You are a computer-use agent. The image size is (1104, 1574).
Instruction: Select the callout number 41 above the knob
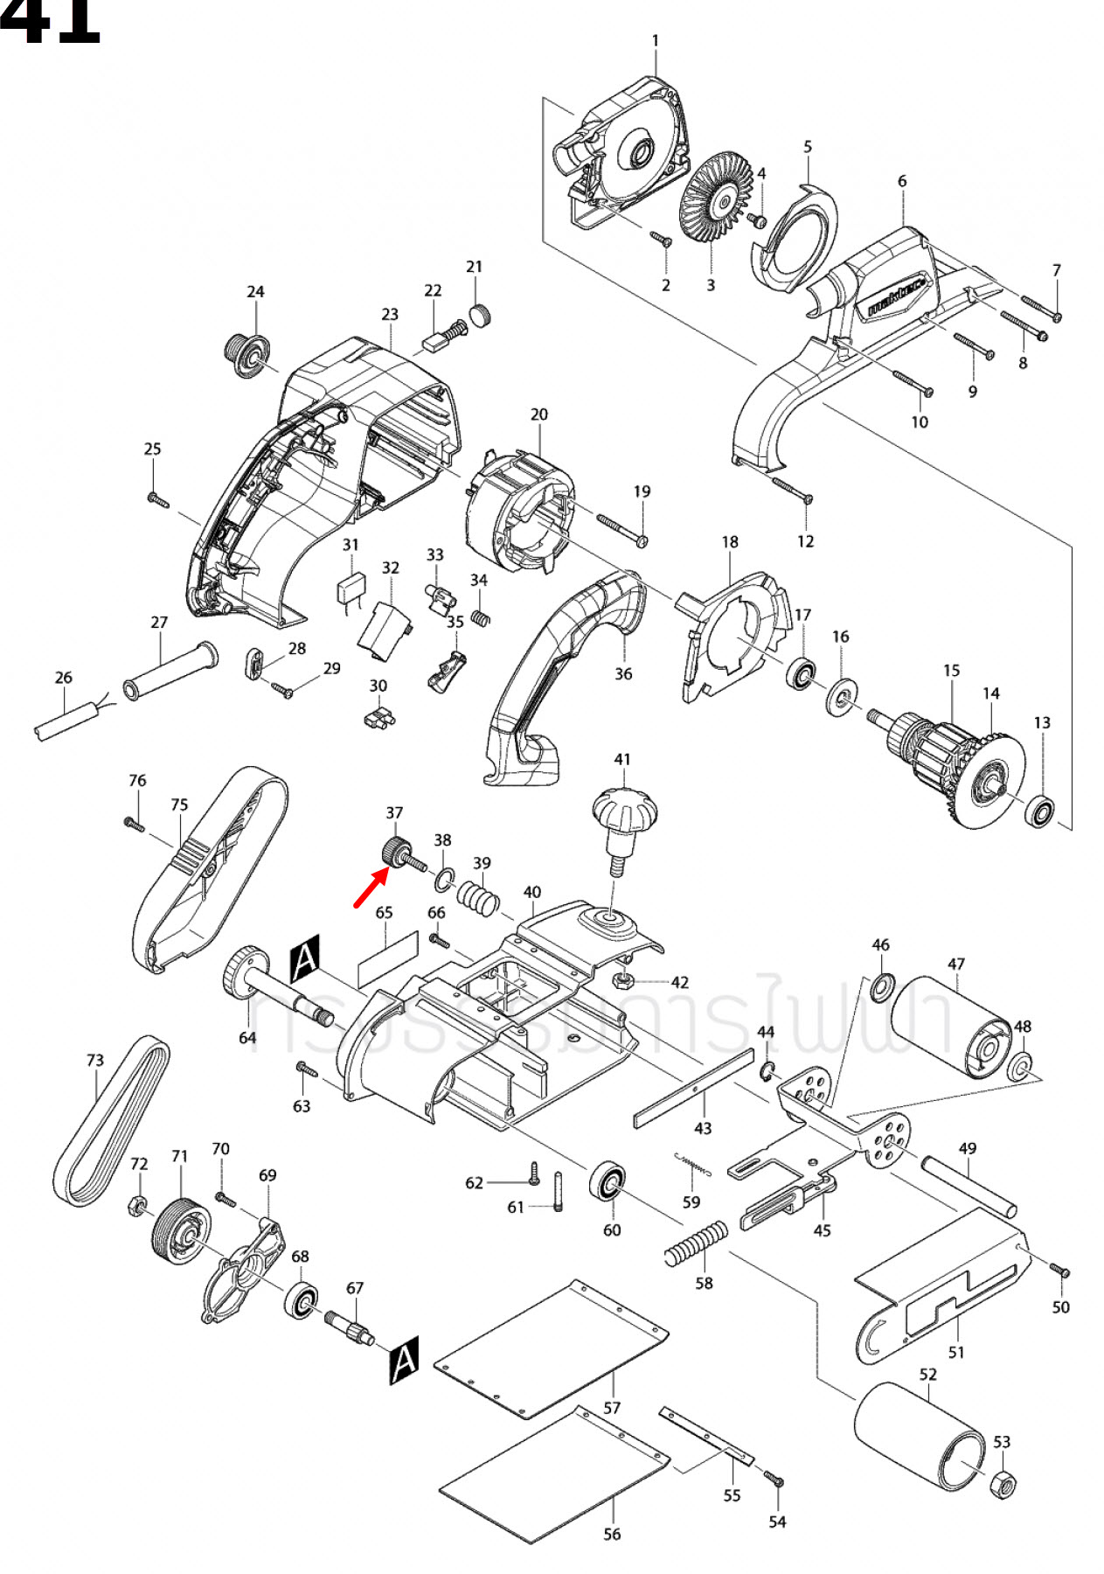[621, 759]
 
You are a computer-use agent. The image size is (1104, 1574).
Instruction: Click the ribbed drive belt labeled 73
[112, 1122]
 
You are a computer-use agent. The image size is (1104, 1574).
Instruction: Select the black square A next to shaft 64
[305, 958]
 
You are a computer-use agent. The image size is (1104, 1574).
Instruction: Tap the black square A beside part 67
[404, 1360]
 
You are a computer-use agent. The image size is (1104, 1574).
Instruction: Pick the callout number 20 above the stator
[539, 414]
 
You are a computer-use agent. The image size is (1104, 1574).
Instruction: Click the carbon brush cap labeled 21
[480, 315]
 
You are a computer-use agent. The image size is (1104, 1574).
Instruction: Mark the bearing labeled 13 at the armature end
[1041, 811]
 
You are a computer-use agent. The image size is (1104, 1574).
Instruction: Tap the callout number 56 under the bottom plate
[612, 1534]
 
